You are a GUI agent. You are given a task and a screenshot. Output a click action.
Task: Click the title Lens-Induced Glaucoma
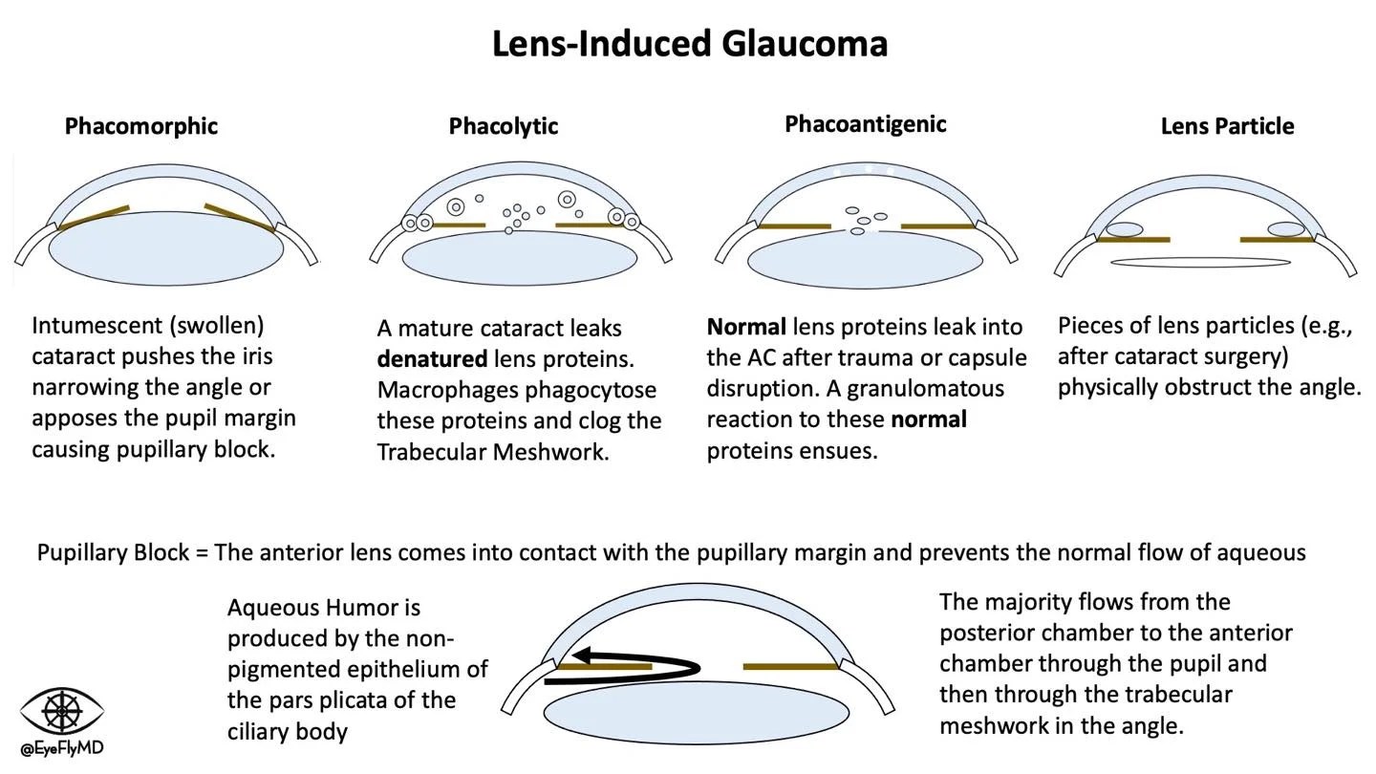coord(689,43)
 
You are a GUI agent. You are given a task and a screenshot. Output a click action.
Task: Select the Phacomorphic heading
coord(140,125)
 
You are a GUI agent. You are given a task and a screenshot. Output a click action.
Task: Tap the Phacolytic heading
coord(503,126)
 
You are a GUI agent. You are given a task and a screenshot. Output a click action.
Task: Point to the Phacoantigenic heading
coord(865,124)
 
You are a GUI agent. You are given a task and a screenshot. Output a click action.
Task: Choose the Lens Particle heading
coord(1227,126)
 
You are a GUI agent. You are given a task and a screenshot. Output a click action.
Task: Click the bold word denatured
coord(432,359)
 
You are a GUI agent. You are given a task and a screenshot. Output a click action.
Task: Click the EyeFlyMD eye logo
coord(62,712)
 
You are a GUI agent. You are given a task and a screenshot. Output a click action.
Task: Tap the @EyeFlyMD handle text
coord(62,748)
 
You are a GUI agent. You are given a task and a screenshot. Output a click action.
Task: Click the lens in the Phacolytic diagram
coord(520,257)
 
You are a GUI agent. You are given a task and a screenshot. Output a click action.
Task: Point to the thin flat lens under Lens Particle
coord(1202,262)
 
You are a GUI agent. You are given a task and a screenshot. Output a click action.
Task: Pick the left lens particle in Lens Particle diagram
coord(1124,229)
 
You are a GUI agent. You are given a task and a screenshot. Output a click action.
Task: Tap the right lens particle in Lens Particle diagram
coord(1285,229)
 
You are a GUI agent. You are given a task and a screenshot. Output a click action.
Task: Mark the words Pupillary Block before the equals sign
coord(113,552)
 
